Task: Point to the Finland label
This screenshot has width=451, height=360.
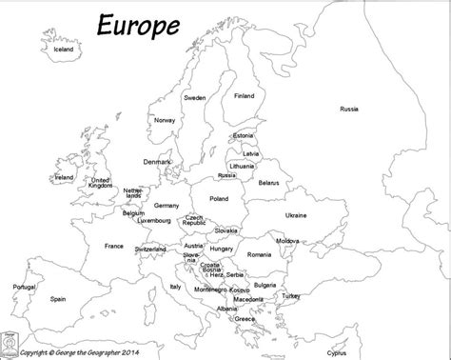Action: pyautogui.click(x=245, y=95)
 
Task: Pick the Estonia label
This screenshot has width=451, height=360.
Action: pyautogui.click(x=243, y=137)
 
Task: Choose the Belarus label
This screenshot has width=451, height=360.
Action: pyautogui.click(x=268, y=182)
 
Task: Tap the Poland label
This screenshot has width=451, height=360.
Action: pyautogui.click(x=219, y=198)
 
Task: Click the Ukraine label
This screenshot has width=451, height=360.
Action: pyautogui.click(x=295, y=215)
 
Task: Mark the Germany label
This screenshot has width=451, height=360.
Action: pyautogui.click(x=167, y=205)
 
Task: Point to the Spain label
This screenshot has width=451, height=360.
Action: pyautogui.click(x=59, y=298)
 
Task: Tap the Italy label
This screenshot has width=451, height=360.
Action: pyautogui.click(x=175, y=286)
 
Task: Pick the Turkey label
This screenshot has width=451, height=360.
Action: pyautogui.click(x=289, y=295)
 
